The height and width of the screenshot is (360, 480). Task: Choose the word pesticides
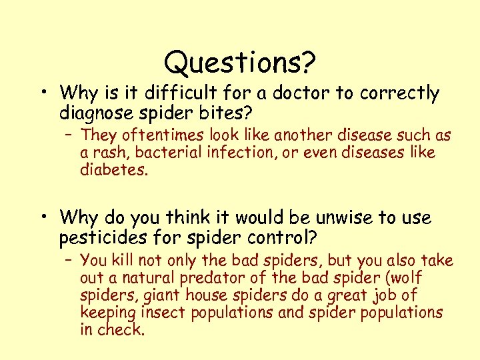100,236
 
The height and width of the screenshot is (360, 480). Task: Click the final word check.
122,329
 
